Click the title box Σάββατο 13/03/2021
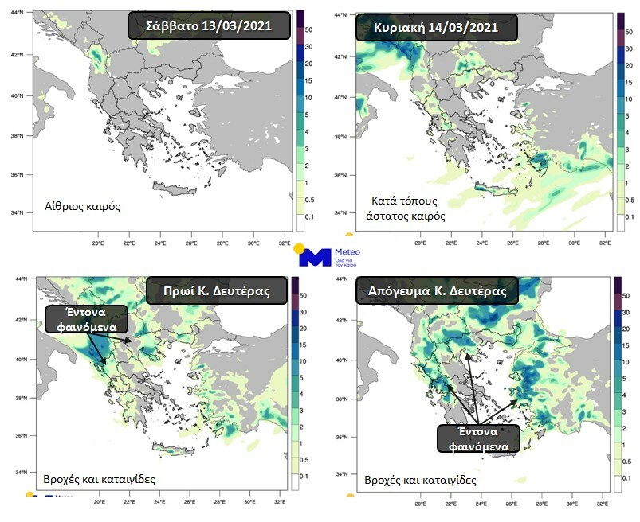(x=209, y=26)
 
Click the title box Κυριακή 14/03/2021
(x=437, y=28)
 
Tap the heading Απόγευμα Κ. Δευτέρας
(x=437, y=291)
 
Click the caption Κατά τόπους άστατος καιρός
(x=409, y=208)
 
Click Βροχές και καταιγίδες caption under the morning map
(x=100, y=480)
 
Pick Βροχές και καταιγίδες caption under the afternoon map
(x=420, y=480)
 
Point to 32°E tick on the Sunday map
(x=603, y=243)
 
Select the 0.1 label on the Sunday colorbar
(x=629, y=216)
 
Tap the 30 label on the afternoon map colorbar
(x=628, y=311)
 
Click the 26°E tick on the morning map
(x=190, y=502)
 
